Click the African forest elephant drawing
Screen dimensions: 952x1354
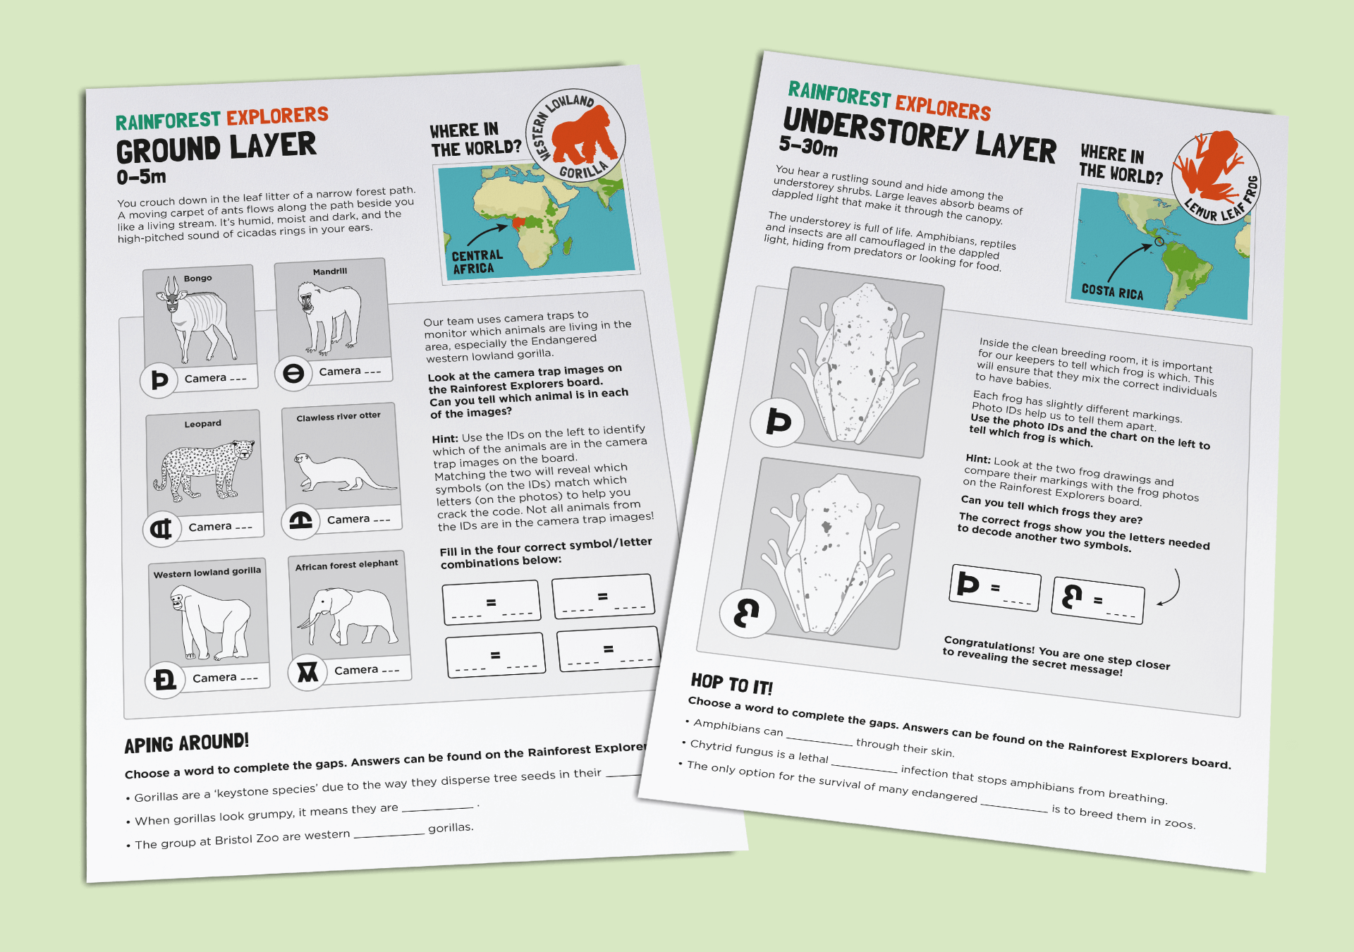pos(349,614)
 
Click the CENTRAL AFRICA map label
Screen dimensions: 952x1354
pos(477,262)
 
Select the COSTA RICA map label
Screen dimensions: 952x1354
pos(1112,291)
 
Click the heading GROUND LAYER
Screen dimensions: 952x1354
pos(216,147)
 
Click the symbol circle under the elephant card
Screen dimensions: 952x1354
pos(307,672)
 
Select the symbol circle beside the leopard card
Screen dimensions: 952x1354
pos(161,528)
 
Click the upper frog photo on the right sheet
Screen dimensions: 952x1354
pos(857,363)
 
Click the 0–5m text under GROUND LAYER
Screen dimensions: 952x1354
pos(141,177)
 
